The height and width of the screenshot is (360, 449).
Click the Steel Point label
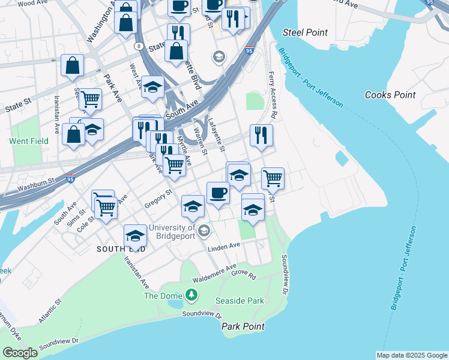pos(305,32)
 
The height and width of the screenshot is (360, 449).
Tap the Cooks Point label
pos(390,95)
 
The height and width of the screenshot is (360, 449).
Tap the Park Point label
pos(243,326)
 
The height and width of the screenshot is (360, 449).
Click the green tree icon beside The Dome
pos(191,295)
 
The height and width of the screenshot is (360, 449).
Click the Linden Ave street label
pos(224,247)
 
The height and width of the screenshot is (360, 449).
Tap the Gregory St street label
pos(158,199)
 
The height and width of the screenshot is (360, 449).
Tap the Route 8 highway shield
pos(139,46)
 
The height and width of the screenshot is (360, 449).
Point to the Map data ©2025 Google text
pos(412,355)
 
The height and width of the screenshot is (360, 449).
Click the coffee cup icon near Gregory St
pos(218,193)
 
